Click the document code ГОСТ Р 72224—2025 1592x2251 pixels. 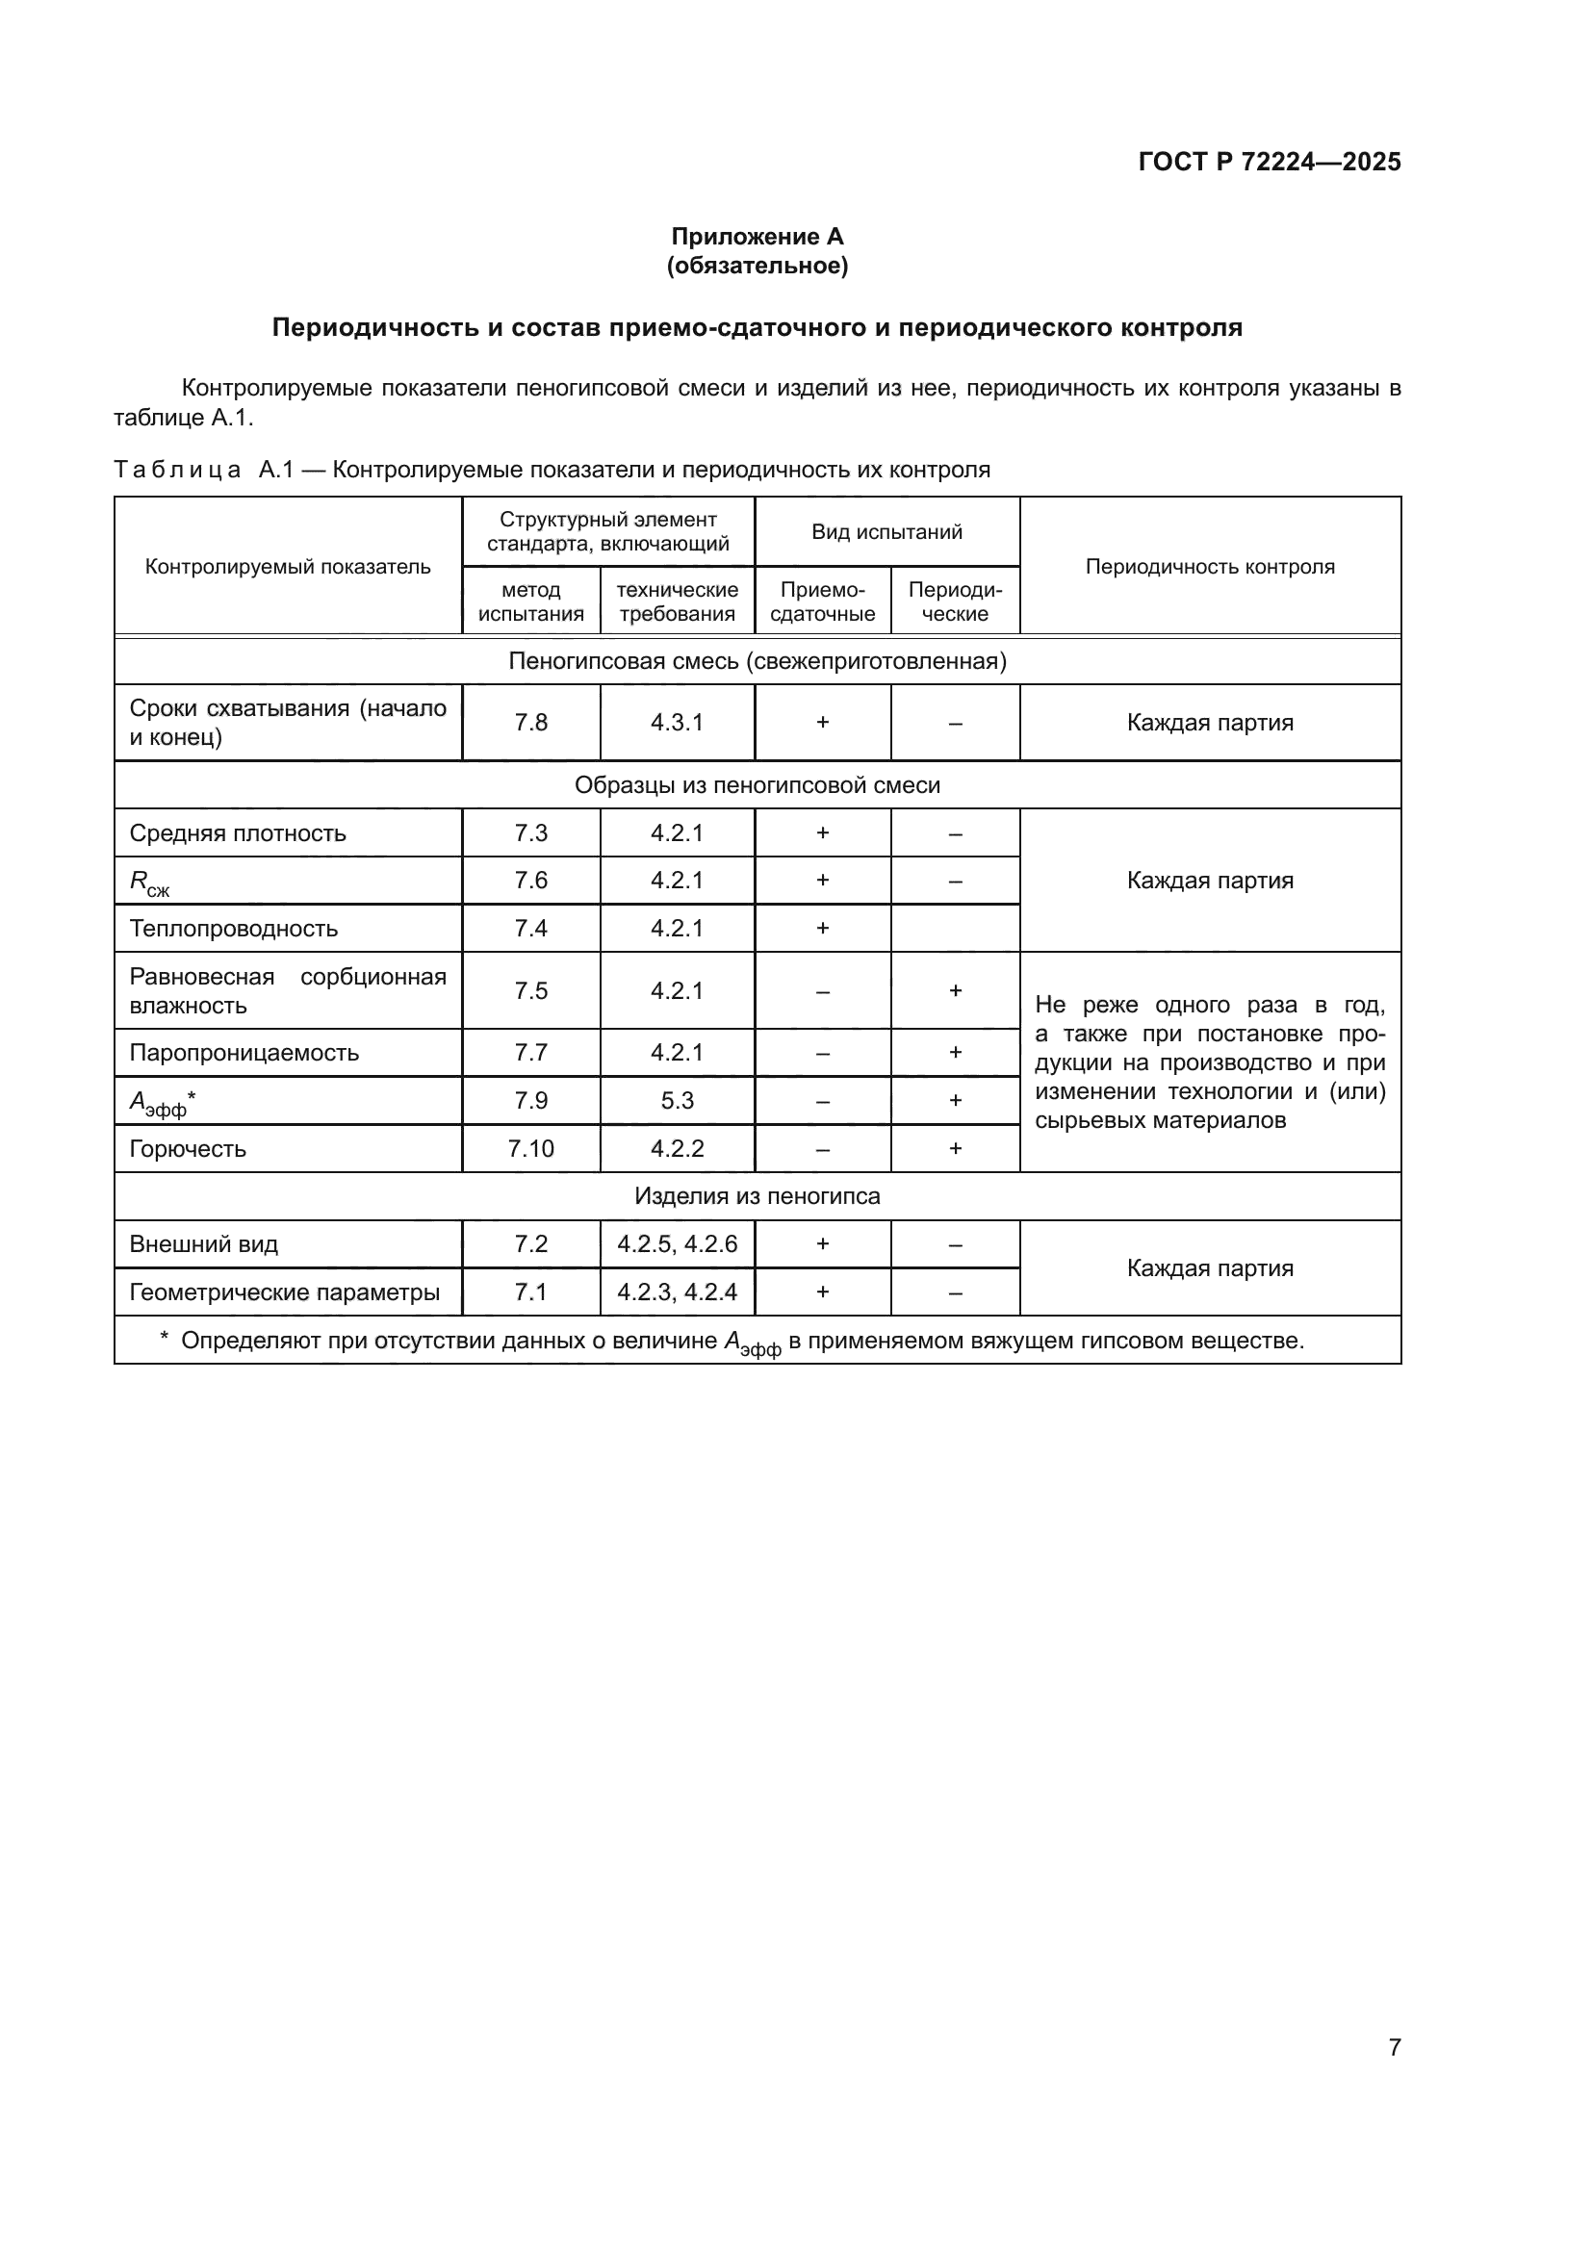[1269, 162]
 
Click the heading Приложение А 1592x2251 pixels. [757, 237]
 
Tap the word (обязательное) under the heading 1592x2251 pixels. [757, 266]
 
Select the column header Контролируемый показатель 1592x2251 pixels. [287, 567]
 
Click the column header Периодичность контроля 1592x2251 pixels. [1210, 567]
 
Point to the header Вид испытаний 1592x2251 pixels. [886, 532]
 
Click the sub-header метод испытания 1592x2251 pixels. [530, 601]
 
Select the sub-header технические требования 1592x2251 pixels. [677, 601]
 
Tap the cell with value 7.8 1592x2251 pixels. [530, 723]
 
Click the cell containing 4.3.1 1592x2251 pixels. [677, 723]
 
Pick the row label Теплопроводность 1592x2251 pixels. [233, 929]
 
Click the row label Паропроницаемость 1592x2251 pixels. [244, 1053]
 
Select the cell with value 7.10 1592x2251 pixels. [530, 1149]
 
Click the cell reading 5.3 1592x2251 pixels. [677, 1101]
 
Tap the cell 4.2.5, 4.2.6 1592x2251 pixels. [677, 1245]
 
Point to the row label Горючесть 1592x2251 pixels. [188, 1149]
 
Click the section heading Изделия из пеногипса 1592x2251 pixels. [757, 1197]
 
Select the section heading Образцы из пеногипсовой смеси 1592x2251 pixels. [757, 785]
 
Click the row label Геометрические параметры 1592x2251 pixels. [284, 1293]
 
